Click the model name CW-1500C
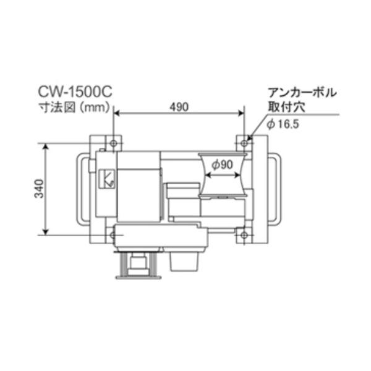pos(75,92)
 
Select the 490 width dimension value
pos(179,107)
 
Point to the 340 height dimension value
pos(40,189)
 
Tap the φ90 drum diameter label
pos(222,164)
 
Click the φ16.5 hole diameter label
pos(283,124)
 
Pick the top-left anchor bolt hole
pos(114,143)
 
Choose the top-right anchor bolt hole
pos(244,143)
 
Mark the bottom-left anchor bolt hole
pos(113,235)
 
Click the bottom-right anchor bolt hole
pos(244,235)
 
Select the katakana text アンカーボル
pos(302,93)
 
